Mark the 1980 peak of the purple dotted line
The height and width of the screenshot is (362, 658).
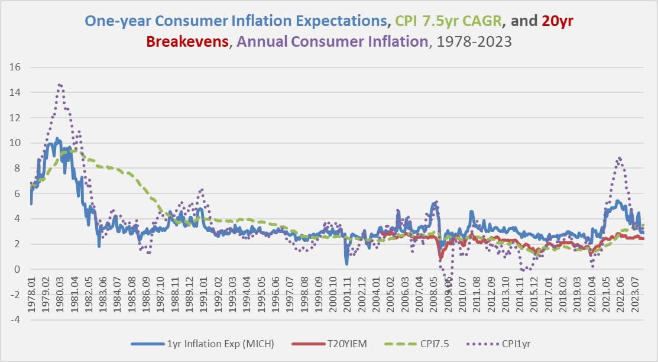pos(60,85)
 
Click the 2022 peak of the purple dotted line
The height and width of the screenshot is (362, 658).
pos(618,157)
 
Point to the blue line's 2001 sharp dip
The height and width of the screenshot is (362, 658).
pos(346,263)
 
